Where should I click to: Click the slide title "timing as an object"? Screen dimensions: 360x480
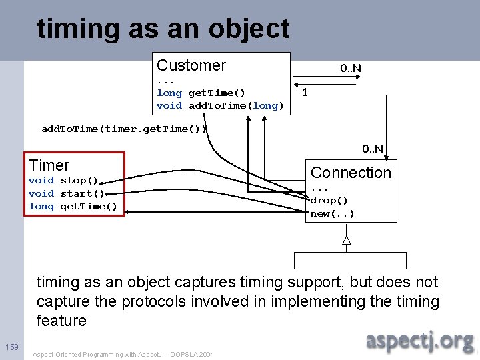coord(163,29)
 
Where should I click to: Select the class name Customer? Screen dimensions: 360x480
coord(191,65)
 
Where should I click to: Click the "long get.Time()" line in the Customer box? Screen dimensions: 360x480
coord(201,93)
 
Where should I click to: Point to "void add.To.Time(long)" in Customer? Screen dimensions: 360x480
coord(220,105)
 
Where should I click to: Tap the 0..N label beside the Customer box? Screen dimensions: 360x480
coord(351,68)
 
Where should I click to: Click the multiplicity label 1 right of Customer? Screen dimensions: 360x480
coord(305,93)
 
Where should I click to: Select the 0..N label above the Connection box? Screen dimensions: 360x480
coord(373,148)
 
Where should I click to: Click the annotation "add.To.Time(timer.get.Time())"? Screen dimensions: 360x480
coord(125,129)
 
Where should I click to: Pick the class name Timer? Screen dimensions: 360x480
coord(49,165)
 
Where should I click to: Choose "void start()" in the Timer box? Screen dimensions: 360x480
coord(66,193)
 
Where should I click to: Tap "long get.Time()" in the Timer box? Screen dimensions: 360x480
coord(73,207)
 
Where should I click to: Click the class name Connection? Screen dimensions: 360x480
coord(351,173)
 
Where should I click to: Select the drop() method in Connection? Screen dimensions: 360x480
coord(329,200)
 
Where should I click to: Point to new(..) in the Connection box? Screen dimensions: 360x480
coord(332,213)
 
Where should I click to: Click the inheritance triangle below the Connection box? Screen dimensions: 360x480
coord(346,240)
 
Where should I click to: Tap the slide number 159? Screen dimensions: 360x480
coord(11,346)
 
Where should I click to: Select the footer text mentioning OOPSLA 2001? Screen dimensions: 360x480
coord(123,354)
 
